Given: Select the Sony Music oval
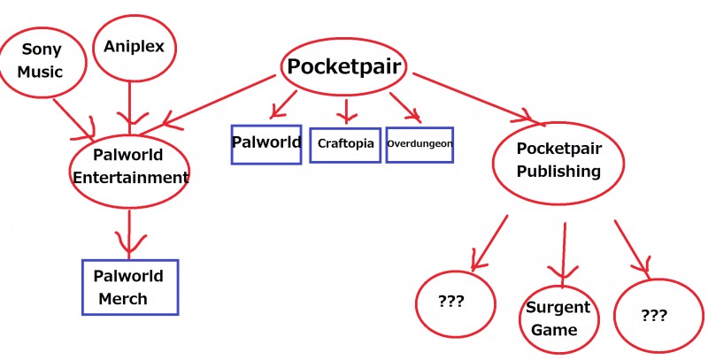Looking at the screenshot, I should (x=42, y=60).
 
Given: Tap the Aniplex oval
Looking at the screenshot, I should (x=134, y=46).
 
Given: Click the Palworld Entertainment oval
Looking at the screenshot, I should (x=130, y=166).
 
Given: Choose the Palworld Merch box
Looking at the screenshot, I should (x=129, y=287).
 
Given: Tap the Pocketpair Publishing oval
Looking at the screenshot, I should (x=558, y=161).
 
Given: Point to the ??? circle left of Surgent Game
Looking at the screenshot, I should (x=451, y=302).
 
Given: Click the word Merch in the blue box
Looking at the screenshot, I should (x=123, y=299).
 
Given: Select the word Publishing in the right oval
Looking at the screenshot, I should (x=558, y=172).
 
